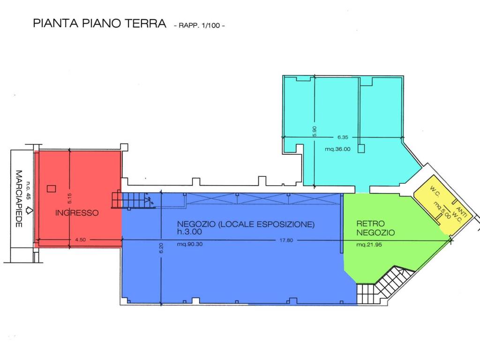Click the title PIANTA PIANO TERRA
point(99,23)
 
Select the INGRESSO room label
point(77,213)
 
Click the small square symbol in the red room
point(51,188)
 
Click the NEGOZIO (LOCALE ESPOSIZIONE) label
point(246,224)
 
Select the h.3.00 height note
point(189,232)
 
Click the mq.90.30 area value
point(190,244)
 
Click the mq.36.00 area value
point(337,150)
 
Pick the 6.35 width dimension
point(344,137)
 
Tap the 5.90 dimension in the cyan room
point(315,131)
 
